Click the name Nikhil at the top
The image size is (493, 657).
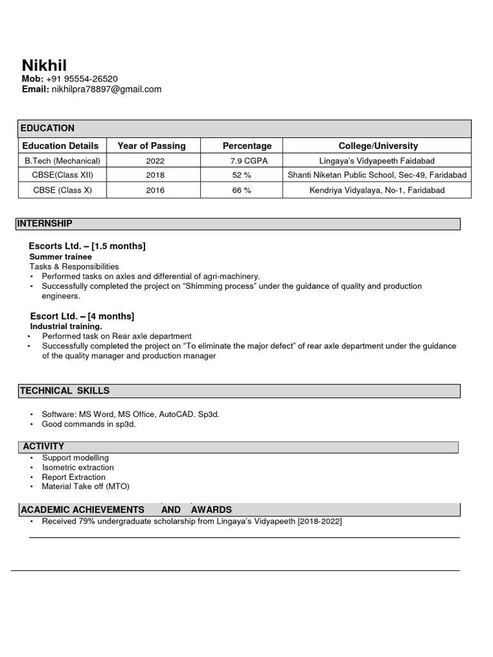click(44, 65)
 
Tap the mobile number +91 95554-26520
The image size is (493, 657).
click(82, 79)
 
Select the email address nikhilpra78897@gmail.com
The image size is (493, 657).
click(106, 89)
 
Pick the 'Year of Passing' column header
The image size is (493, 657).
click(151, 146)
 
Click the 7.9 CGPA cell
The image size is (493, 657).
click(248, 160)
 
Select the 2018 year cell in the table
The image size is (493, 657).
click(155, 175)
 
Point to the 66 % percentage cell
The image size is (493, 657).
click(241, 190)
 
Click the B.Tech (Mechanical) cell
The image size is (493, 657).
click(62, 160)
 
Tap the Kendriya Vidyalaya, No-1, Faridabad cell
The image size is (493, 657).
click(377, 190)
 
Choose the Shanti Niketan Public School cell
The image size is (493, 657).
click(377, 175)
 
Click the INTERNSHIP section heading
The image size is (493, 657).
click(45, 223)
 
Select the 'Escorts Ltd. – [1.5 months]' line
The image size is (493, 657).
click(87, 246)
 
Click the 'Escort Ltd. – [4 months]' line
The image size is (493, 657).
click(82, 316)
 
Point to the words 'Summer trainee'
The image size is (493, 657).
click(60, 257)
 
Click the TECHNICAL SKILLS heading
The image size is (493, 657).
click(64, 391)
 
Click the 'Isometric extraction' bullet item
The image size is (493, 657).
click(78, 467)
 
